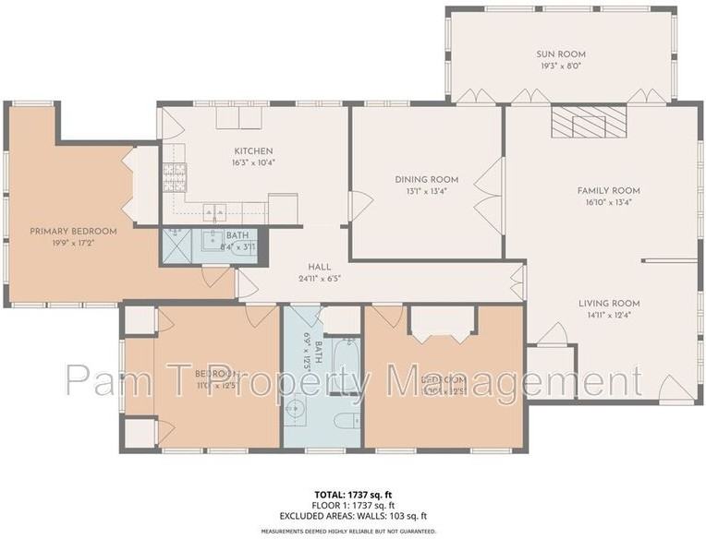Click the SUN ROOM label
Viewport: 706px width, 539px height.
561,54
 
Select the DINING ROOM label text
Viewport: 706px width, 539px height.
426,179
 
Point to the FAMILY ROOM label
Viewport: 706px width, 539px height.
608,191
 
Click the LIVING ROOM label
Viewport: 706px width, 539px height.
608,303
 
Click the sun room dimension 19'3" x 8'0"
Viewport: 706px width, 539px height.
561,66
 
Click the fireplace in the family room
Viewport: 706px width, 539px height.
583,121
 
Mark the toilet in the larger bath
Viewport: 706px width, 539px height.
344,422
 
